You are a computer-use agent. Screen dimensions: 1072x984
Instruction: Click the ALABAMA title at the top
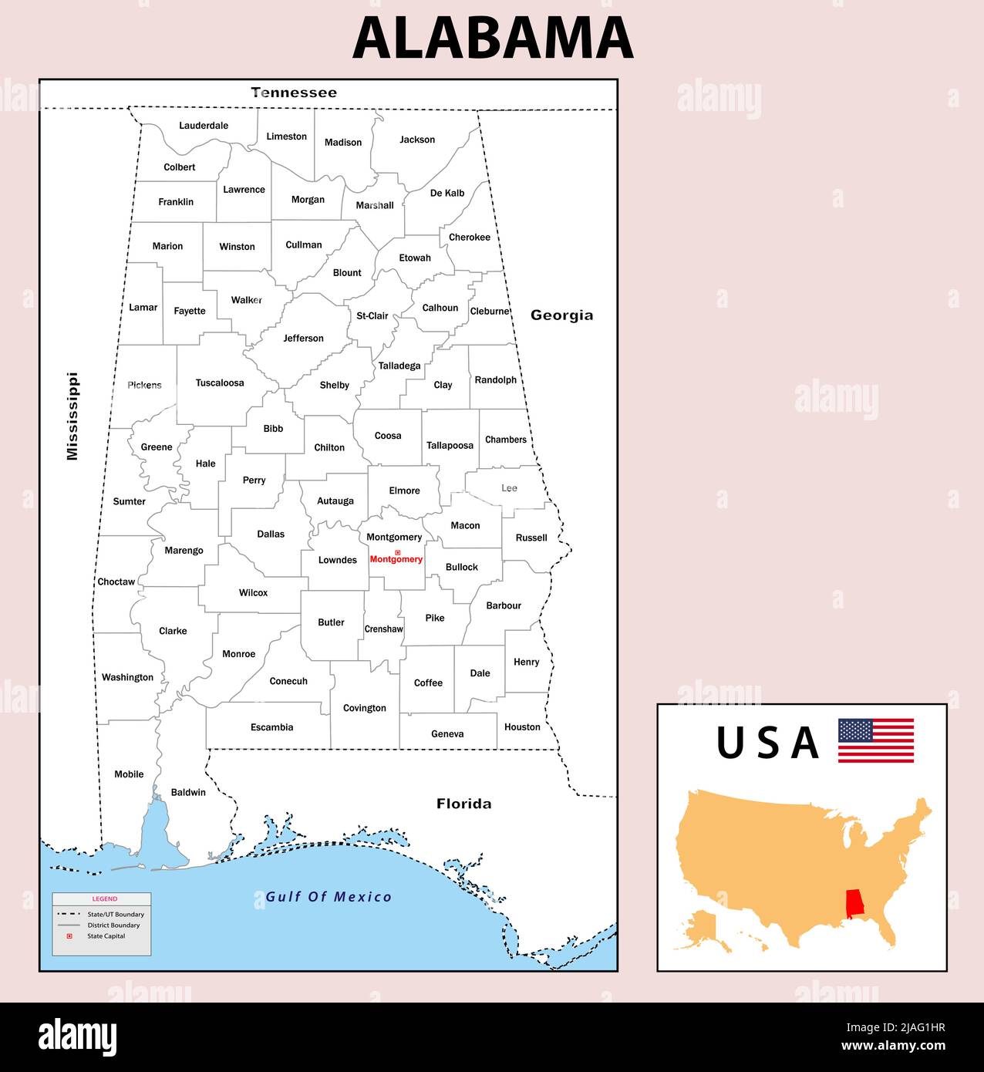(x=492, y=39)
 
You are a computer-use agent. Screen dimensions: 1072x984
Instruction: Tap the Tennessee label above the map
(x=294, y=93)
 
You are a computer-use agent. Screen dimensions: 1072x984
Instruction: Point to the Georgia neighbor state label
(x=561, y=315)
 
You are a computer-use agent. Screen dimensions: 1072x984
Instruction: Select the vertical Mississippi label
(x=72, y=416)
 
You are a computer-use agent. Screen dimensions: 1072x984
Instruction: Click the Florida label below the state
(x=463, y=804)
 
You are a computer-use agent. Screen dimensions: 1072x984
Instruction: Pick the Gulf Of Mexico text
(x=329, y=897)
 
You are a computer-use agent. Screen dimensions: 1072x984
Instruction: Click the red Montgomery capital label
(x=396, y=560)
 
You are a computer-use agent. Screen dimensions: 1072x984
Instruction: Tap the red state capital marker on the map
(x=398, y=552)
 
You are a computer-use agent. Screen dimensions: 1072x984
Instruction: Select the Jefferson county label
(x=303, y=339)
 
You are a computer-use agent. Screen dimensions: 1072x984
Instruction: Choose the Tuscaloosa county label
(x=220, y=383)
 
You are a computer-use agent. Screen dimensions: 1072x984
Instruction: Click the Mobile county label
(x=129, y=774)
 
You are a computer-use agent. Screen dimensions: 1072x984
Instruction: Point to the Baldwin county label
(x=188, y=792)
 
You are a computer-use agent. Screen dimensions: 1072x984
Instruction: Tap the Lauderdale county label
(x=204, y=126)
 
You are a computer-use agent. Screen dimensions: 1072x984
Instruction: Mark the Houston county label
(x=522, y=726)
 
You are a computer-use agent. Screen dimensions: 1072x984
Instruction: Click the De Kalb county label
(x=447, y=193)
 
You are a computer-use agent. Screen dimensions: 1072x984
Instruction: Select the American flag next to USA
(x=876, y=740)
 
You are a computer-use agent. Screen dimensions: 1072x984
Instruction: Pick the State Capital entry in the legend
(x=106, y=936)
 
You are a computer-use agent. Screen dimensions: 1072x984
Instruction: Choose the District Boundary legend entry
(x=113, y=925)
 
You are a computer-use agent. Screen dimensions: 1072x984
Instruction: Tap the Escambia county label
(x=271, y=727)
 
